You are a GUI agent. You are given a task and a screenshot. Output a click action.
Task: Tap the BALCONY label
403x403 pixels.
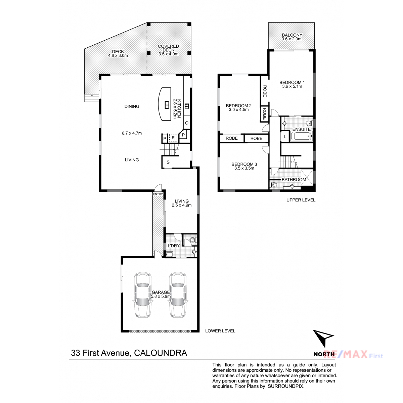coord(292,35)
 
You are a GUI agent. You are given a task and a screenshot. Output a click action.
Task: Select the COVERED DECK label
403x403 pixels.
coord(168,48)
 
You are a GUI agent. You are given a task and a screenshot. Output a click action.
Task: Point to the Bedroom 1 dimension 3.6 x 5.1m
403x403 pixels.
coord(292,86)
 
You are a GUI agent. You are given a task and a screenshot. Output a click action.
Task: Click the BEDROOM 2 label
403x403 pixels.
coord(239,106)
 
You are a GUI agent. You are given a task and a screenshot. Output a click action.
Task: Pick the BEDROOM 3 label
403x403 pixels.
coord(244,164)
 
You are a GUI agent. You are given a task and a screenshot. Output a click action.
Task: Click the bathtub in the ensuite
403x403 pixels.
coord(301,137)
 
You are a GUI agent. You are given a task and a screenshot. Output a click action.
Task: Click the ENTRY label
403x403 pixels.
coord(158,194)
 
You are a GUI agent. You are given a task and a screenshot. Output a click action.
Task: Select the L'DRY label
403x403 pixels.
coord(174,246)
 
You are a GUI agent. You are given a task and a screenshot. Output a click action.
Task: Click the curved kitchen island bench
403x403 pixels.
coord(164,104)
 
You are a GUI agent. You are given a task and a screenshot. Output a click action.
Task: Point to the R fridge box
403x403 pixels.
coord(173,138)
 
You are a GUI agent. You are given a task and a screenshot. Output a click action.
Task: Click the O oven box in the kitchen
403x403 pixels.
coord(186,123)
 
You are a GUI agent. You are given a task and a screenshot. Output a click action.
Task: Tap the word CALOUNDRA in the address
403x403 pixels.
coord(161,353)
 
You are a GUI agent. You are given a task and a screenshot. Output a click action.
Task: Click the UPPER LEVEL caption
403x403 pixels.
coord(301,200)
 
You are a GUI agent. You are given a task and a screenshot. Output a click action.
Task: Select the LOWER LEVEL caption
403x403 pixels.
coord(220,331)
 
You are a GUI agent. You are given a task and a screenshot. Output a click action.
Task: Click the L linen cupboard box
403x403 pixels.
coord(285,137)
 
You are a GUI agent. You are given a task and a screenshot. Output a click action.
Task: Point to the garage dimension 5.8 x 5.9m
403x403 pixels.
coord(161,296)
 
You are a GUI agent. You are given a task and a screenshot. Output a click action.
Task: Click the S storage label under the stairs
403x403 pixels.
coord(168,162)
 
